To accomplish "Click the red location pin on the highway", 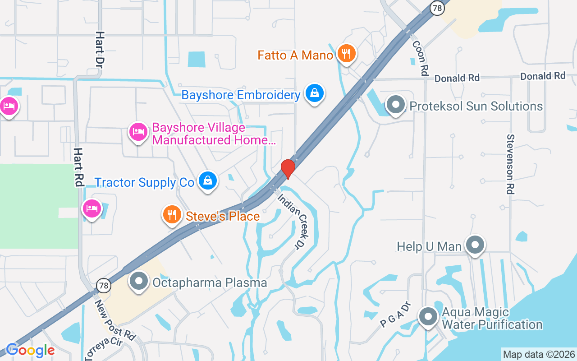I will tap(288, 169).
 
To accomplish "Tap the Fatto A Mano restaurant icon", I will tap(346, 54).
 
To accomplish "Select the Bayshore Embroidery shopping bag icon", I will tap(315, 93).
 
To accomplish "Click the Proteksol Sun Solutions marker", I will tap(396, 105).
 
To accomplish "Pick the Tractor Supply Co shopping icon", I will tap(208, 181).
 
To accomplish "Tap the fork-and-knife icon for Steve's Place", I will tap(172, 215).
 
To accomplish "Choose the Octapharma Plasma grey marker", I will tap(139, 282).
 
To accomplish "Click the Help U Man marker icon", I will tap(475, 245).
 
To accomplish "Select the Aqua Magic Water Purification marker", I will tap(428, 317).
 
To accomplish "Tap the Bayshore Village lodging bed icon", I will tap(138, 132).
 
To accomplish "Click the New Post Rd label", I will tap(115, 320).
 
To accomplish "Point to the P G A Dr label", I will tap(396, 315).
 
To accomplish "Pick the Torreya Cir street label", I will tap(103, 348).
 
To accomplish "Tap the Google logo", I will tap(30, 350).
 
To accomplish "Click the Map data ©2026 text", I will tap(539, 355).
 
